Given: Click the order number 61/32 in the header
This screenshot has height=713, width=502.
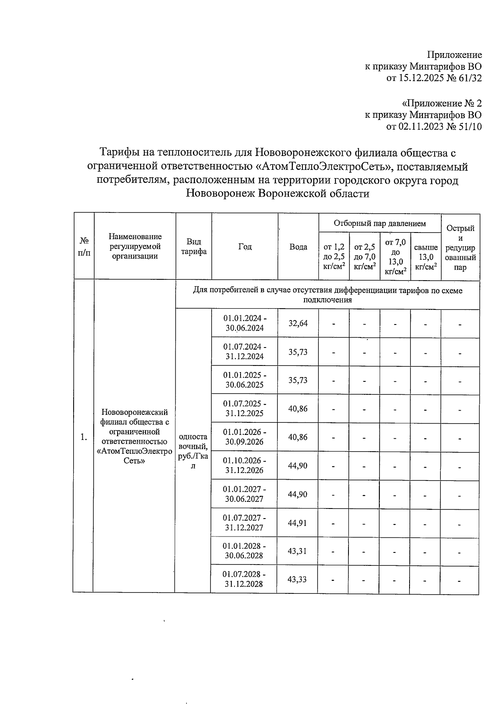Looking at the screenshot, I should tap(469, 78).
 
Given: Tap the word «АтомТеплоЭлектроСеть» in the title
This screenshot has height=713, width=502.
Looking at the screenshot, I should tap(324, 166).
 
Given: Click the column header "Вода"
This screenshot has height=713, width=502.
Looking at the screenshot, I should tap(298, 247).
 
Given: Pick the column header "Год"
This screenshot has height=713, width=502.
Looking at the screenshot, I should tap(245, 247).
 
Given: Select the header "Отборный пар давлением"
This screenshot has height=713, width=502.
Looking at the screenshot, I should tap(379, 223).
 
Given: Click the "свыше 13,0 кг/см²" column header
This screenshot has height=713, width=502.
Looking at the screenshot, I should tap(426, 259).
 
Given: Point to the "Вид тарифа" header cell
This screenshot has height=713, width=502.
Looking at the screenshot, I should tap(193, 247).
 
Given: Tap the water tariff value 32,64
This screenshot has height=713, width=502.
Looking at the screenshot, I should tap(298, 323).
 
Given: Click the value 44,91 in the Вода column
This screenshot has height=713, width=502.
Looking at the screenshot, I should tap(297, 523).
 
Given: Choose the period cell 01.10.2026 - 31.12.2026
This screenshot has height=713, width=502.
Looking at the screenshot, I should tap(244, 465).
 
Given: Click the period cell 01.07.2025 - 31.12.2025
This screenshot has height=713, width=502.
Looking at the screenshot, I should tap(244, 409).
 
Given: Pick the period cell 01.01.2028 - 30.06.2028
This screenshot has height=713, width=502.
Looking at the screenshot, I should tap(244, 551).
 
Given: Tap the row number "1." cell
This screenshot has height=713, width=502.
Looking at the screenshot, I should tap(84, 437).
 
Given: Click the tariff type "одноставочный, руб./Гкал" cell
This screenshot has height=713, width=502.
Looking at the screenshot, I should tap(193, 451).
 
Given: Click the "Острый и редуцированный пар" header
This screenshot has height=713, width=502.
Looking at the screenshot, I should tap(460, 248).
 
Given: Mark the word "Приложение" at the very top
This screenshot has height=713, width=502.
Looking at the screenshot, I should tap(454, 55).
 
